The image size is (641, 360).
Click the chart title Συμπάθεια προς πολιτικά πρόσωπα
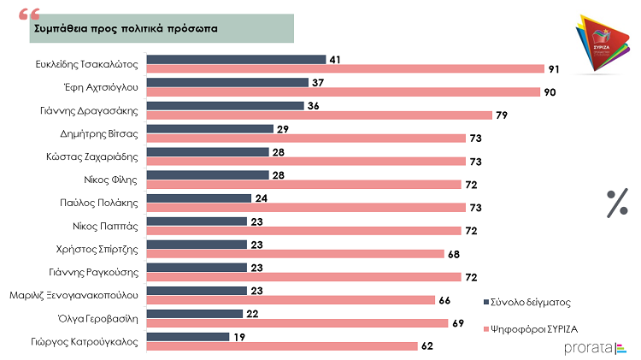(125, 28)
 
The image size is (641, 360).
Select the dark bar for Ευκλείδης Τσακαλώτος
(237, 60)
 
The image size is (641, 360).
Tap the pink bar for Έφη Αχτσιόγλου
(344, 91)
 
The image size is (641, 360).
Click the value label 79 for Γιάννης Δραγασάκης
(505, 115)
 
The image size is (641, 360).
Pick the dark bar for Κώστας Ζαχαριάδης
(208, 152)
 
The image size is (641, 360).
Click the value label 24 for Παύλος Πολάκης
(263, 198)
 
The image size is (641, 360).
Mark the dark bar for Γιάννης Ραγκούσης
(197, 268)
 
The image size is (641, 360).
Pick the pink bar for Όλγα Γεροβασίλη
(297, 323)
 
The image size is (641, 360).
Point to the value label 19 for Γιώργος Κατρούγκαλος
(241, 337)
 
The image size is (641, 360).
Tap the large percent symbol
(617, 204)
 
